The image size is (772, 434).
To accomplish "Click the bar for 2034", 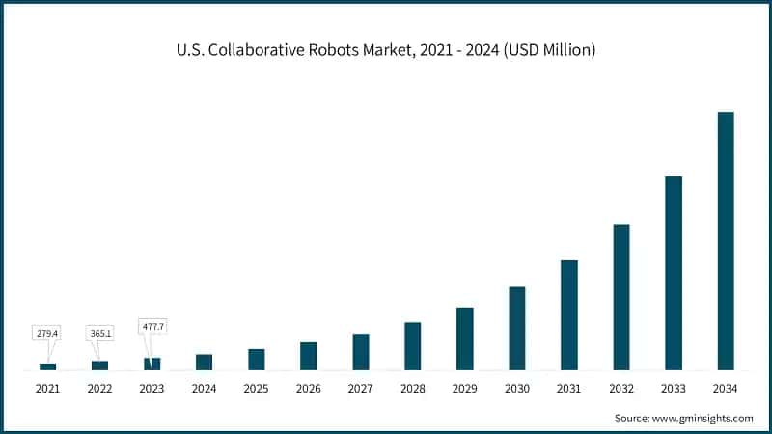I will (726, 241).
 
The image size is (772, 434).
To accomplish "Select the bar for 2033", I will (674, 273).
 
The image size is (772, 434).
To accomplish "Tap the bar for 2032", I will (621, 297).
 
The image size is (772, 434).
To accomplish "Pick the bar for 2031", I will (569, 315).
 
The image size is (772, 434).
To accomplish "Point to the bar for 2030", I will (517, 328).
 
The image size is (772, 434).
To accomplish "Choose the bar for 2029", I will (465, 339).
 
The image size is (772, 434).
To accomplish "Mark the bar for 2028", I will (413, 346).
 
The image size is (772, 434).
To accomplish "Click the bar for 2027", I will (361, 352).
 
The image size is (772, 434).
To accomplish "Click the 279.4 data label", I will (47, 333).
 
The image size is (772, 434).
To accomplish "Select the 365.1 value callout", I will (99, 333).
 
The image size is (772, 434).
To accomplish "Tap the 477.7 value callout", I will (152, 327).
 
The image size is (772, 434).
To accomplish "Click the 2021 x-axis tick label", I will (47, 389).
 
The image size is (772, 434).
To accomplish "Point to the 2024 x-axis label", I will (204, 389).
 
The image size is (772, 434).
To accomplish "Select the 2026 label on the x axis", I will (309, 389).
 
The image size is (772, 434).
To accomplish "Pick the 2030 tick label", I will (517, 389).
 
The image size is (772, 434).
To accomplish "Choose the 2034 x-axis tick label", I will (726, 389).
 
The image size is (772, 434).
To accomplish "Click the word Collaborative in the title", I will (258, 49).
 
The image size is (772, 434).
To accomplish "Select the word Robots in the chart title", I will (335, 49).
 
